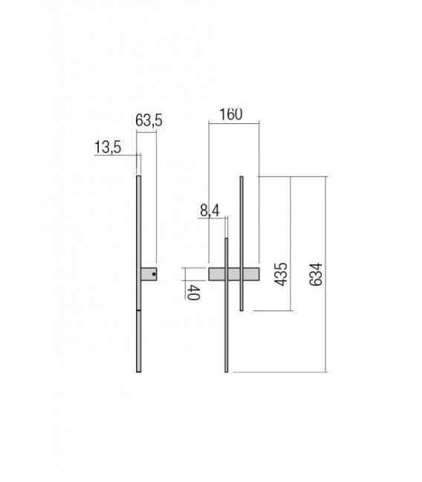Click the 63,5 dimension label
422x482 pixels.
(x=149, y=120)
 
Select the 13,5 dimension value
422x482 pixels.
(x=107, y=147)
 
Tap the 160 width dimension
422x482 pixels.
(x=230, y=114)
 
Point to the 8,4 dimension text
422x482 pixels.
(x=210, y=211)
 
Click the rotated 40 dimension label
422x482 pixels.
(x=193, y=293)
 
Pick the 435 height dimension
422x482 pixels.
(x=281, y=274)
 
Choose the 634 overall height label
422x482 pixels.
(x=316, y=275)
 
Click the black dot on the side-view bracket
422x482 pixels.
(x=154, y=274)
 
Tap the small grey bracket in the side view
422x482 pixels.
(x=149, y=274)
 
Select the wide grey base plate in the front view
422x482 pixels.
(x=234, y=274)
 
